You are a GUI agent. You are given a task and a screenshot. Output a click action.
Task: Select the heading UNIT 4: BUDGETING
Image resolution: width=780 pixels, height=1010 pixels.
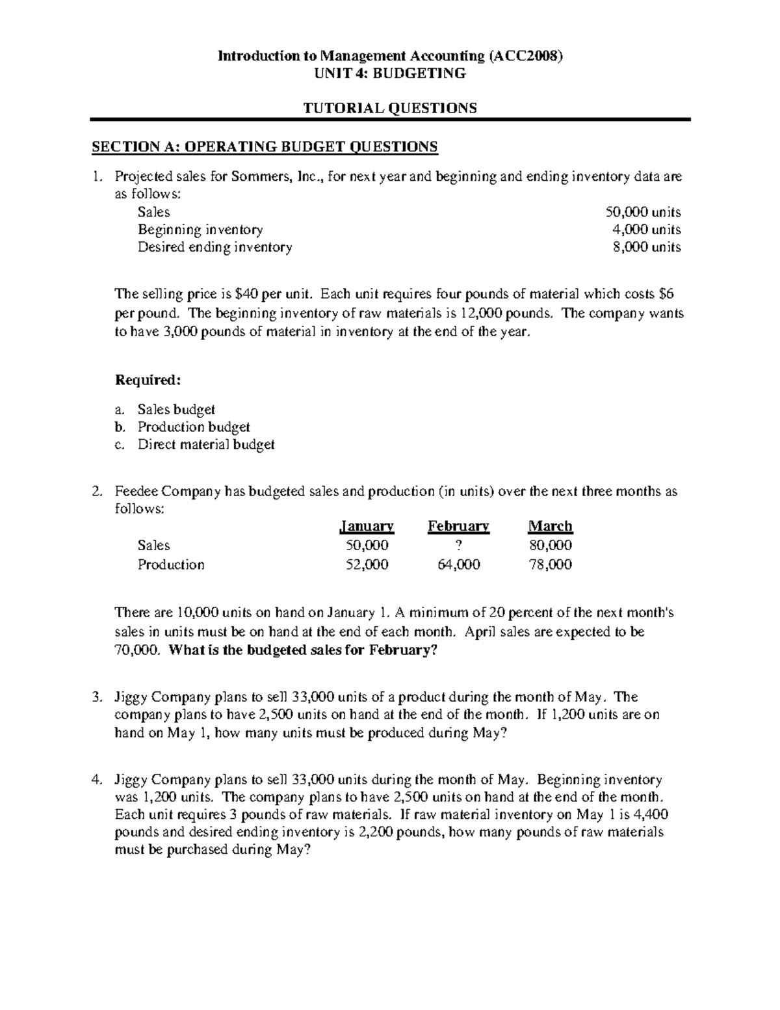point(390,73)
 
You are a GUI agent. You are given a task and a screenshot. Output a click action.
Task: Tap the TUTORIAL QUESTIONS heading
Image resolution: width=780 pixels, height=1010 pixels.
point(390,108)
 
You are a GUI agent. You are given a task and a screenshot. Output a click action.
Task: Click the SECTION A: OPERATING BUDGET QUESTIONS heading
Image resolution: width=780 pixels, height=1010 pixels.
point(265,147)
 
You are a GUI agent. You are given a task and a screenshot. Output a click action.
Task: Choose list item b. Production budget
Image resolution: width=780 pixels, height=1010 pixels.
point(193,427)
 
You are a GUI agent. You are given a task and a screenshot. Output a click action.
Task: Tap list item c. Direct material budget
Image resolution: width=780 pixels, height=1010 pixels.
point(205,445)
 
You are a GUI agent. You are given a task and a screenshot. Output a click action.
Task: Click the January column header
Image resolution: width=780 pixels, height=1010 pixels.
point(367,526)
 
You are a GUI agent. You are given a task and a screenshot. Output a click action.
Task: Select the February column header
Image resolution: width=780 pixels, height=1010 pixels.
point(458,526)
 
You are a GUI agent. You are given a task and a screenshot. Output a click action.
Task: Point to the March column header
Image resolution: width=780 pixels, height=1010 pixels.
point(551,526)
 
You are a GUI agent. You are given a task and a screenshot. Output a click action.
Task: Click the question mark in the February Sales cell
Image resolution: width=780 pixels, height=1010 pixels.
point(459,545)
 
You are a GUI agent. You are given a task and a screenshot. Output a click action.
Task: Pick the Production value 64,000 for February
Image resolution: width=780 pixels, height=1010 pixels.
point(459,565)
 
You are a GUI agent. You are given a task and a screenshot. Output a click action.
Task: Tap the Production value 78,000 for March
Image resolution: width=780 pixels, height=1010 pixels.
point(551,565)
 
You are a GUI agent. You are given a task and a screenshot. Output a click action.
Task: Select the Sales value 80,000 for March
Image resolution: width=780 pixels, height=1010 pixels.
point(551,545)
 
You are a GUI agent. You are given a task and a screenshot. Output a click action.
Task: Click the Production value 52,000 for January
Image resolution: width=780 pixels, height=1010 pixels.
point(367,565)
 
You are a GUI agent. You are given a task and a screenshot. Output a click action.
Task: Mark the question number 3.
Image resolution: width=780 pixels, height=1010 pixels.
point(96,697)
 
